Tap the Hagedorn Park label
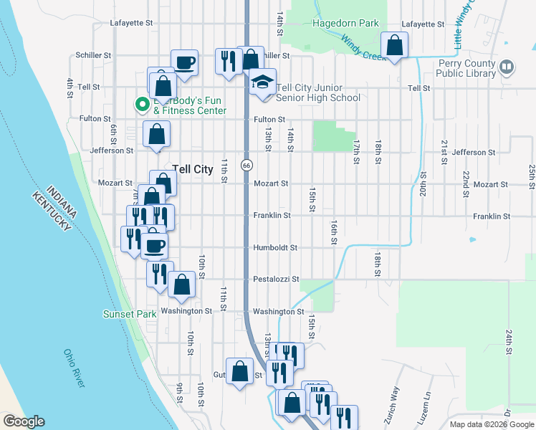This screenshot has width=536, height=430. tap(345, 24)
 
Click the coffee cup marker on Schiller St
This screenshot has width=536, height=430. tap(184, 62)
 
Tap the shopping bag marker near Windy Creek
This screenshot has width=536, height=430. tap(393, 47)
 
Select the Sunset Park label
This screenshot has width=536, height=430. tap(130, 314)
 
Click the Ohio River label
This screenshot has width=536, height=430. tap(74, 368)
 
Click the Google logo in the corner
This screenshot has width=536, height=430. tap(24, 421)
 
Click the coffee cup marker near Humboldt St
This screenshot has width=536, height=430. tap(155, 247)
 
